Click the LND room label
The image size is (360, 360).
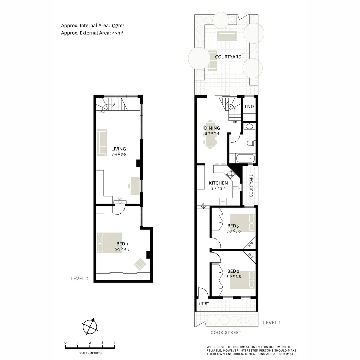click(249, 107)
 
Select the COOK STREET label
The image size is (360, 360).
click(226, 332)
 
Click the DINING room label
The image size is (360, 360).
click(212, 128)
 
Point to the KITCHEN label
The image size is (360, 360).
click(218, 183)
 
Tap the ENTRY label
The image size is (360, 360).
click(204, 303)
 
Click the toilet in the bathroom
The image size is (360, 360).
click(250, 143)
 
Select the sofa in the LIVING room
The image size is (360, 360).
click(102, 143)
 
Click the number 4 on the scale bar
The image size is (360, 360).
click(114, 343)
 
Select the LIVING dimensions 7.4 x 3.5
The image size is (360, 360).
click(119, 154)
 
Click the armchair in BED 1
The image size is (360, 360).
click(140, 264)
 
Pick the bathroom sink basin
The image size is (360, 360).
click(249, 126)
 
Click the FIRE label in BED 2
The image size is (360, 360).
click(251, 256)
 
